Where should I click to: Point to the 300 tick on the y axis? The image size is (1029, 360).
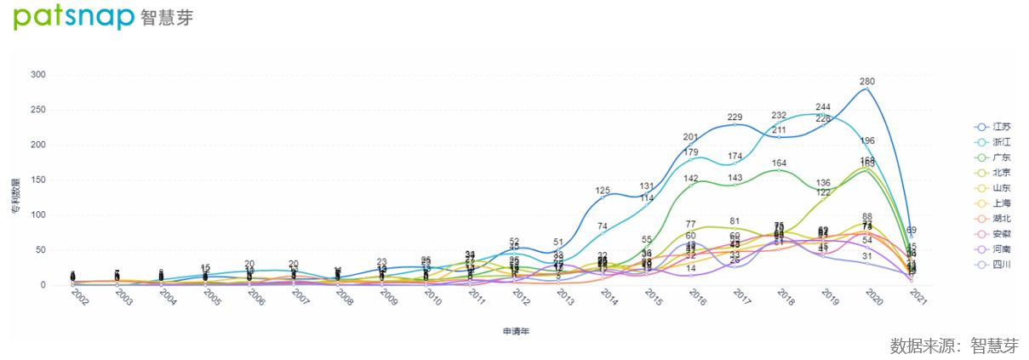pyautogui.click(x=37, y=75)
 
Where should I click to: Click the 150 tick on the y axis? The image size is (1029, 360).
pyautogui.click(x=37, y=180)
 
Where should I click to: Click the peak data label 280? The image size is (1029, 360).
pyautogui.click(x=867, y=82)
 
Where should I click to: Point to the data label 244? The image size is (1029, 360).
pyautogui.click(x=823, y=107)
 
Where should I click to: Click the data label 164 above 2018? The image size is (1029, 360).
pyautogui.click(x=779, y=163)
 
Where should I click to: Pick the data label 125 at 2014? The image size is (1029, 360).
pyautogui.click(x=602, y=191)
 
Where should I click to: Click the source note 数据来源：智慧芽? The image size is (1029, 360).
pyautogui.click(x=953, y=346)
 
